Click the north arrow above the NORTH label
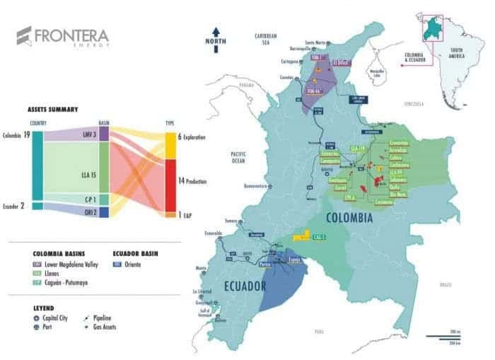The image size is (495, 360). click(x=217, y=32)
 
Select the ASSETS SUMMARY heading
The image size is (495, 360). click(x=52, y=110)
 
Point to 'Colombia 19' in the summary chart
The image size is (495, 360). click(x=16, y=135)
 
